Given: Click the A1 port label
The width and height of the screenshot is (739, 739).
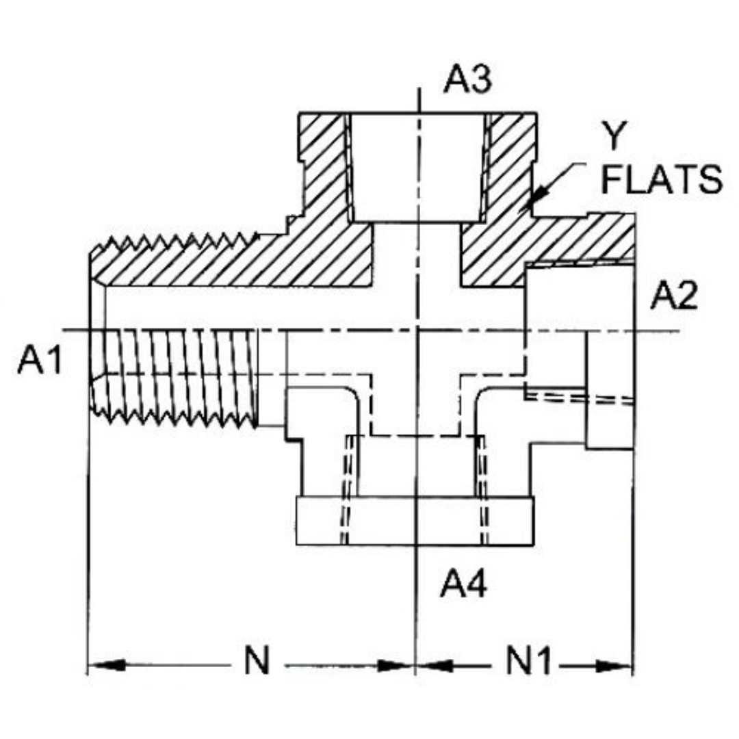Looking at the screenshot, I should [40, 361].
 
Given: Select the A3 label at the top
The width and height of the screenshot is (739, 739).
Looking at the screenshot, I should [467, 79].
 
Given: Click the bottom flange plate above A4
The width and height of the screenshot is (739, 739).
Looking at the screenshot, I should [414, 521].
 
